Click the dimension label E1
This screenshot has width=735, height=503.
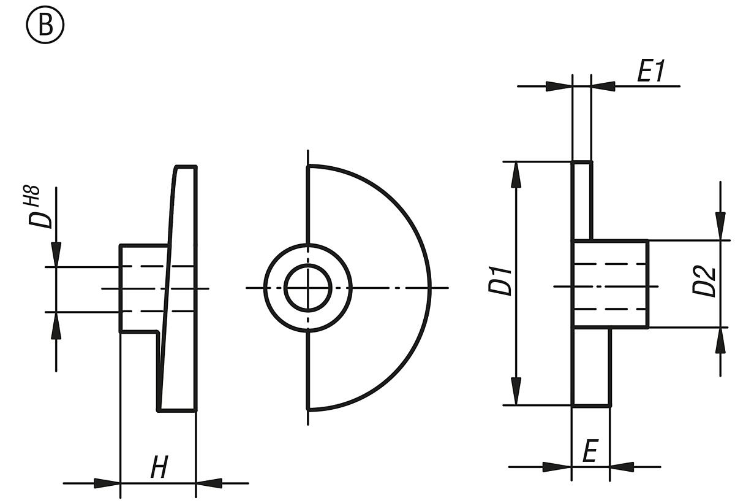tap(650, 72)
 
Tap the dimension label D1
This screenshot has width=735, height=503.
tap(503, 281)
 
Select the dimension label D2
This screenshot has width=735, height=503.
tap(707, 281)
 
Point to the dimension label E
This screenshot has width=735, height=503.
tap(589, 452)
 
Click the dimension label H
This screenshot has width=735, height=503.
tap(159, 469)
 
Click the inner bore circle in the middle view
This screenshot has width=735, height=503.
tap(308, 287)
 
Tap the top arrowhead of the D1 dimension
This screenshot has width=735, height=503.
tap(516, 175)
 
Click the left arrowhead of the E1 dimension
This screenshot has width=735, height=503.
tap(559, 86)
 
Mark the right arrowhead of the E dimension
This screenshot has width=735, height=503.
tap(622, 467)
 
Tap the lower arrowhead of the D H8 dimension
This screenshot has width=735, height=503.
tap(56, 325)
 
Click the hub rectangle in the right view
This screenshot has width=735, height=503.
tap(610, 284)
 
